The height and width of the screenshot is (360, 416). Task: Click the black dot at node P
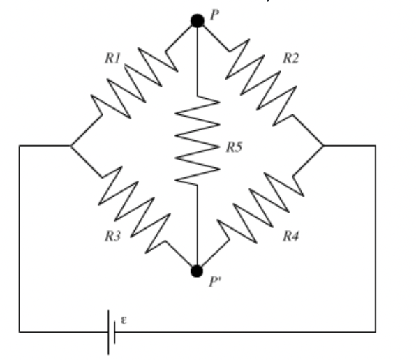[x=198, y=21]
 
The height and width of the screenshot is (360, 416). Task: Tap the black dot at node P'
[x=198, y=270]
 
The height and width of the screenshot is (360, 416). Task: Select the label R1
[x=114, y=59]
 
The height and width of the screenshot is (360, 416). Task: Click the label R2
[x=291, y=58]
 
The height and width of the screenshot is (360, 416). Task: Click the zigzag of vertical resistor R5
[x=198, y=140]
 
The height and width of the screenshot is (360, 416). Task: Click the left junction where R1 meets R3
[x=70, y=146]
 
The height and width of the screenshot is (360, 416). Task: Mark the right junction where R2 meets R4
[x=324, y=146]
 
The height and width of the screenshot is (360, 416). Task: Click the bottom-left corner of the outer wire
[x=19, y=331]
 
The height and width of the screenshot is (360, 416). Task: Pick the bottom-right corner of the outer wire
[x=376, y=331]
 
